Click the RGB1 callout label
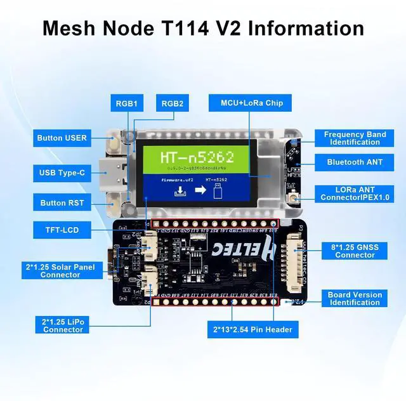click(x=127, y=103)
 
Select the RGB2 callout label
click(x=172, y=103)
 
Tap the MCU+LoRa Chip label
click(x=252, y=103)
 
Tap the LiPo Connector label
click(x=63, y=325)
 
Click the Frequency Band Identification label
click(x=355, y=138)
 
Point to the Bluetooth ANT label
click(x=355, y=162)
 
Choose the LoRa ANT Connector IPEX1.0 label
click(x=355, y=194)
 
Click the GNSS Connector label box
click(x=355, y=251)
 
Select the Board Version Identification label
click(x=355, y=298)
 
